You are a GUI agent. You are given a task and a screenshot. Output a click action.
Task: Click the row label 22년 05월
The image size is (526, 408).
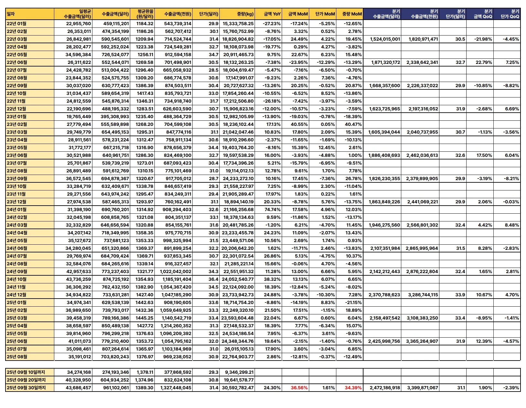coord(17,55)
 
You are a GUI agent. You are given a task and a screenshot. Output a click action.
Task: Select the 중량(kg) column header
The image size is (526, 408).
coord(245,14)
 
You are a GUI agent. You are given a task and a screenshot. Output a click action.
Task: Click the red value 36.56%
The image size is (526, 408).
coord(299,388)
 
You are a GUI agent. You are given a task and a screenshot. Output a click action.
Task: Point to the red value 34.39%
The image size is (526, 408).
coord(353,388)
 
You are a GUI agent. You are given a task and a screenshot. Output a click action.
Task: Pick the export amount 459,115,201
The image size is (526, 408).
coord(116,24)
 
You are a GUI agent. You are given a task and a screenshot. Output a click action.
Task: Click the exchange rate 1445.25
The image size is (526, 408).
coord(144,318)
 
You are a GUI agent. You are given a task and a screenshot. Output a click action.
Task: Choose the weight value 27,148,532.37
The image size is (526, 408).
coord(238,326)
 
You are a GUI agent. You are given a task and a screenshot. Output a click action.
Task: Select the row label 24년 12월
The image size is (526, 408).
coord(17,295)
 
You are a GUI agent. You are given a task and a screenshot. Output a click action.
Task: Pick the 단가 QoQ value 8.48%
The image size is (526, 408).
coord(512,225)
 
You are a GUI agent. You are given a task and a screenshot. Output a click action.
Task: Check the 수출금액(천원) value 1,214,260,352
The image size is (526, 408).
coord(176,326)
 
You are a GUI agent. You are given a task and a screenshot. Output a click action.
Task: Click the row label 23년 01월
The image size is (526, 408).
coord(17,117)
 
